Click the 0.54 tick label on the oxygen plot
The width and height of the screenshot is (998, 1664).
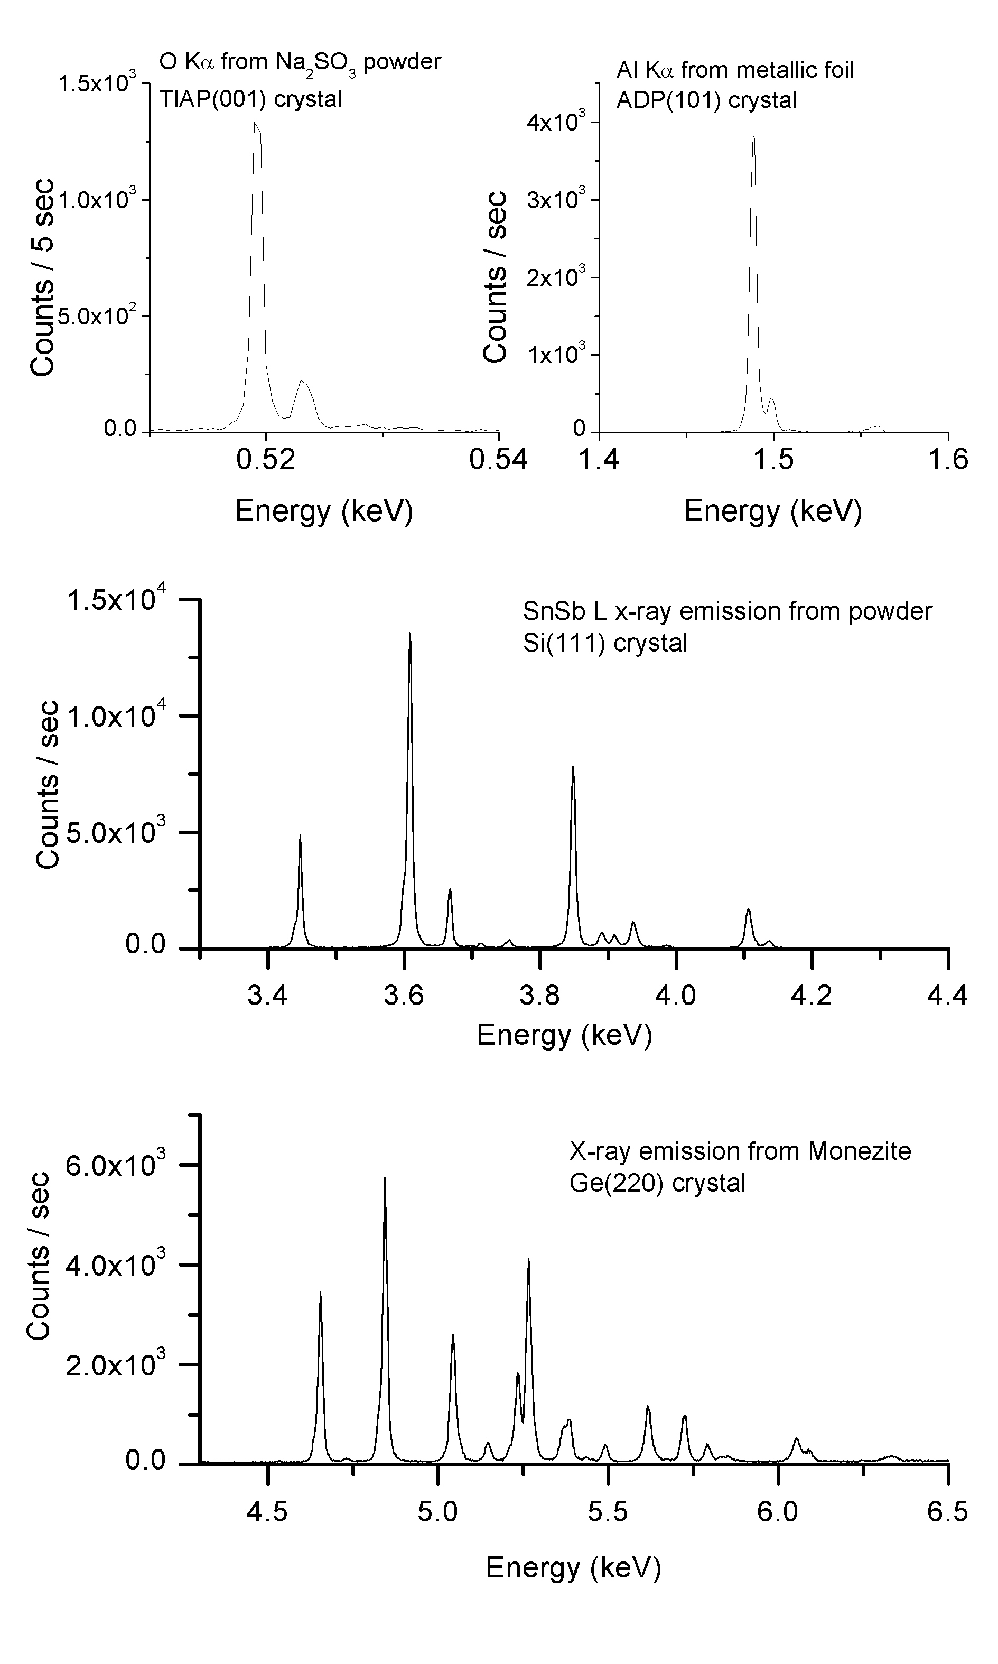coord(498,460)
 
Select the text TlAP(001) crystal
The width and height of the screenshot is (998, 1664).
coord(250,99)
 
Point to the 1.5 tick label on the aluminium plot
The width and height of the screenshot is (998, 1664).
coord(773,460)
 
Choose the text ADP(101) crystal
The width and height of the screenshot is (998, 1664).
coord(706,100)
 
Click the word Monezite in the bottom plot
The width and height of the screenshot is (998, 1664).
coord(860,1151)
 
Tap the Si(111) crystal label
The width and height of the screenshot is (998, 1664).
coord(605,643)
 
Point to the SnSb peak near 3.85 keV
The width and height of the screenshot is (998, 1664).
coord(573,767)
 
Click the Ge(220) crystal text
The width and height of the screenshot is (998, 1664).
coord(657,1183)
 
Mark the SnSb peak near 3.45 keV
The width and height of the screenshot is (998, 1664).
coord(300,836)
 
